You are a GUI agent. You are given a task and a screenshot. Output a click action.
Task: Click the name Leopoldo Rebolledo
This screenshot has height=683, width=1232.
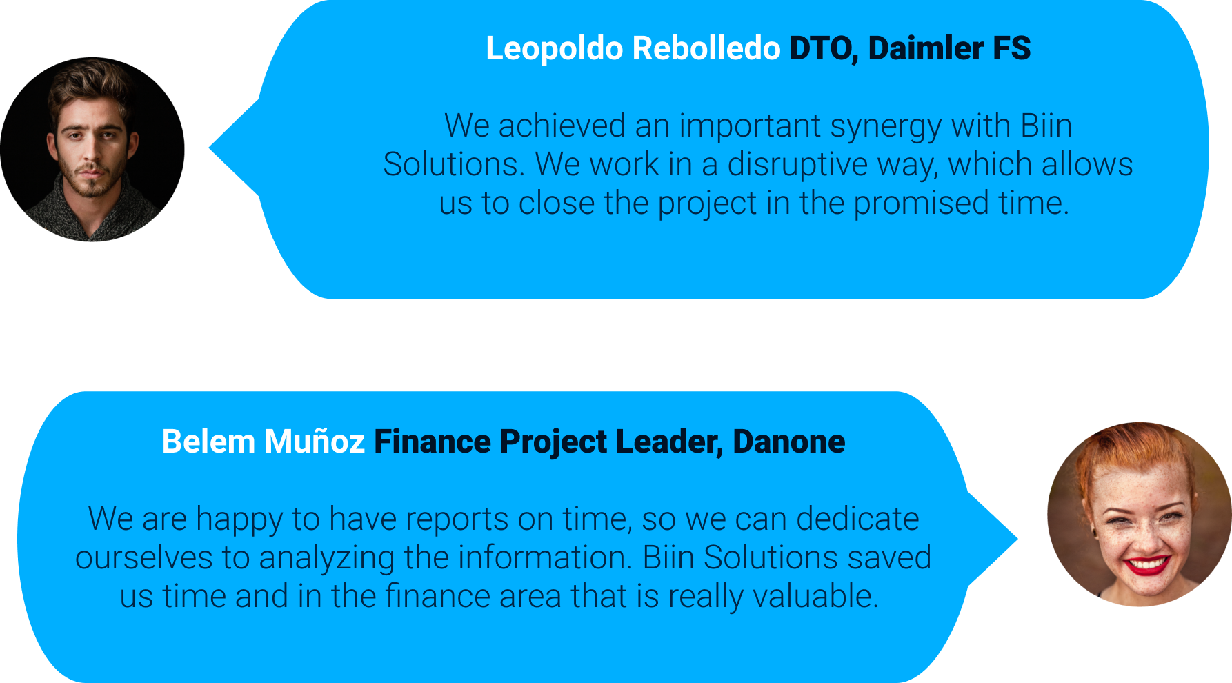tap(633, 48)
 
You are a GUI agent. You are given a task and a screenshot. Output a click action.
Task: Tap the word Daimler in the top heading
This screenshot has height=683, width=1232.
tap(926, 48)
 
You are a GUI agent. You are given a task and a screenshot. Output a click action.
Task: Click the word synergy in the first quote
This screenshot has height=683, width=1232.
tap(886, 127)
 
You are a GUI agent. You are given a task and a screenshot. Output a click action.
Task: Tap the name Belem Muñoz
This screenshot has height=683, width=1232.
tap(263, 442)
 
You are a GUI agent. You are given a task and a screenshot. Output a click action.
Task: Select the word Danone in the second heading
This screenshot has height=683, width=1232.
tap(788, 442)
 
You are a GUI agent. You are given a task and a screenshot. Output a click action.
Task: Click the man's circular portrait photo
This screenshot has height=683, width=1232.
tap(92, 150)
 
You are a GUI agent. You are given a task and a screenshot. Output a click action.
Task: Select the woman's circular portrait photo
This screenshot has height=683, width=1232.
tap(1140, 515)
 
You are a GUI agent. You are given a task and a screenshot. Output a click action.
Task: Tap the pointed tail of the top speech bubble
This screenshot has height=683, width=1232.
tap(210, 147)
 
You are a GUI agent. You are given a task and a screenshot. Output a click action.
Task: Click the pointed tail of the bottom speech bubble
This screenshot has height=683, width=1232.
tap(1017, 539)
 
